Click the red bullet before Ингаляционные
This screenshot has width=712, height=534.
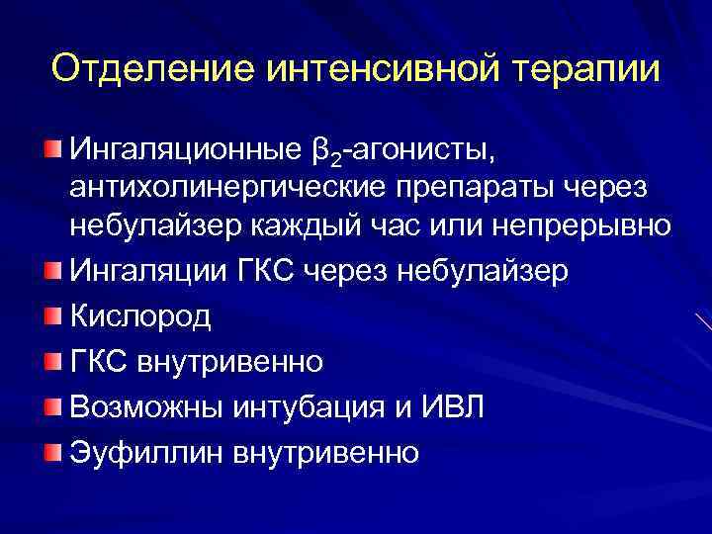tap(52, 149)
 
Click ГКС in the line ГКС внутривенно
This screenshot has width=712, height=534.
tap(97, 362)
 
